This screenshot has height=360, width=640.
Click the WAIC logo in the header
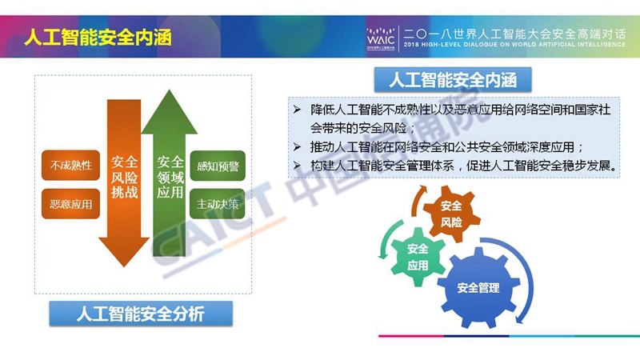click(x=381, y=38)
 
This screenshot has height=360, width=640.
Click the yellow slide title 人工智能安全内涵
click(x=98, y=38)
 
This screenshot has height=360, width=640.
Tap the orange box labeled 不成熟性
click(x=70, y=166)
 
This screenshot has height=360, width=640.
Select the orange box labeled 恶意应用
click(x=70, y=204)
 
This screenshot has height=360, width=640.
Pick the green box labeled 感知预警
click(x=218, y=166)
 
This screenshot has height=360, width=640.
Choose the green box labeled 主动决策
click(x=218, y=204)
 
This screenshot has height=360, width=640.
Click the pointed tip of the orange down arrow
click(x=124, y=266)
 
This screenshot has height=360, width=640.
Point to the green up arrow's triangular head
click(x=169, y=114)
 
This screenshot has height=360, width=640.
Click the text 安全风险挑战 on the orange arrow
click(x=124, y=177)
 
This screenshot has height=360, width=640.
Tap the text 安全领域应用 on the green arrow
click(x=170, y=177)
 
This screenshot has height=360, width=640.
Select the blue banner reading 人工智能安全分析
click(x=141, y=314)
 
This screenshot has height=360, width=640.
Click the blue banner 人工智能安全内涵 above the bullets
click(x=453, y=79)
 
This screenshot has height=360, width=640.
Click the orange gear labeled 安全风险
click(x=451, y=214)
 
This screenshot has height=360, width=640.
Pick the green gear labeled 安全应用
click(x=417, y=257)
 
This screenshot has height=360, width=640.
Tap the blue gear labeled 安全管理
click(x=478, y=288)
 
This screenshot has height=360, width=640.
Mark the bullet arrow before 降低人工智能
click(x=297, y=110)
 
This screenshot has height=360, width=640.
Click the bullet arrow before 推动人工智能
click(x=297, y=147)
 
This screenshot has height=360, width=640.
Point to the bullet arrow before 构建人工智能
click(x=297, y=166)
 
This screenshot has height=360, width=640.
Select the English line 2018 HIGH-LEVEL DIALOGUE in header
click(x=514, y=45)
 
